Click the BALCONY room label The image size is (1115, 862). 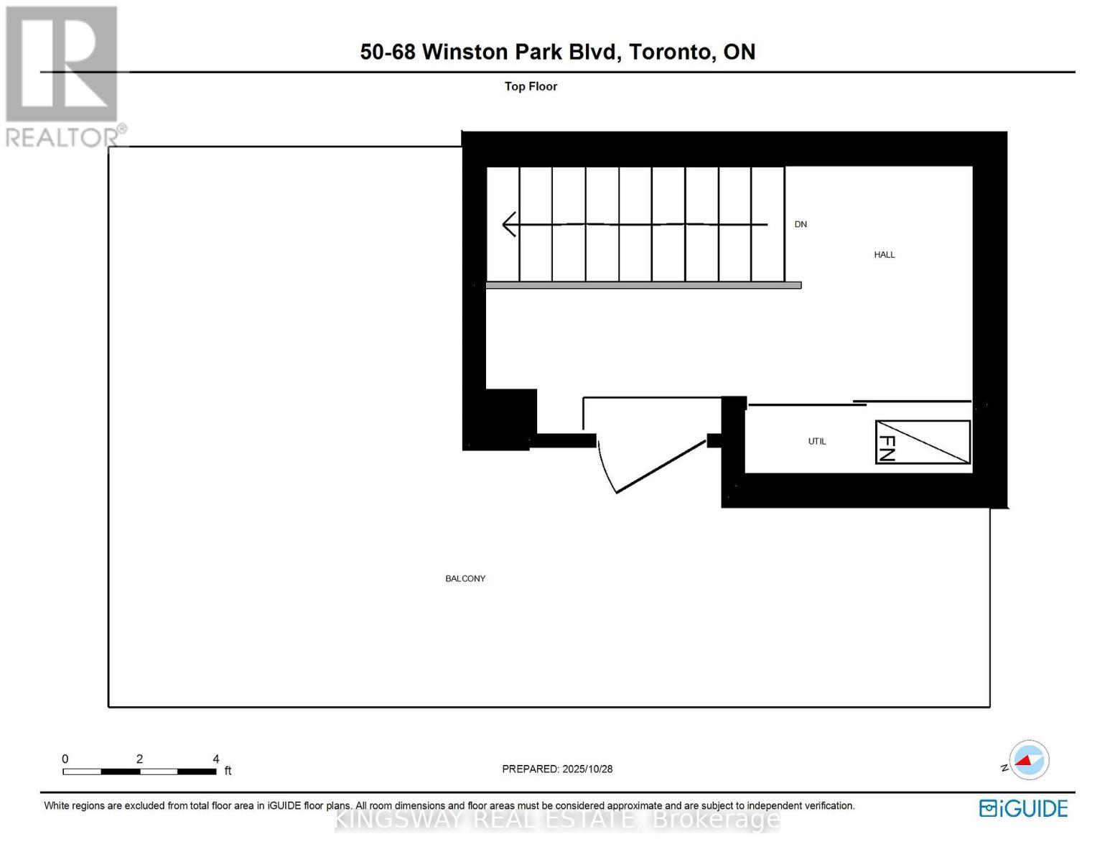click(465, 578)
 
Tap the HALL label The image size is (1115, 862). click(885, 254)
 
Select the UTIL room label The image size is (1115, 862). click(817, 441)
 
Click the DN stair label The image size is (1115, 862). click(801, 224)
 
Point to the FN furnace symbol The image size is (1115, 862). click(922, 442)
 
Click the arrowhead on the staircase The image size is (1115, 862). click(509, 224)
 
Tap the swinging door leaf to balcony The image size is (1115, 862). click(661, 466)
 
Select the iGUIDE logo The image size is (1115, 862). click(1023, 808)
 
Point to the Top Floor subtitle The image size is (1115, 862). click(531, 86)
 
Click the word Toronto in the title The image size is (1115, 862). click(672, 52)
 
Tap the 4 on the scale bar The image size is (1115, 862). click(216, 759)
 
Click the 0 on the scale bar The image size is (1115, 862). click(65, 759)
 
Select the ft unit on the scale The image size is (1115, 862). click(228, 771)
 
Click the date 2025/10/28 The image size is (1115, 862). click(587, 769)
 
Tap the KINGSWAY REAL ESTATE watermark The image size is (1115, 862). click(557, 819)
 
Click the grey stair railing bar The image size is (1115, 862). click(643, 285)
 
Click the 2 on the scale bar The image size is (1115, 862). click(139, 759)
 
